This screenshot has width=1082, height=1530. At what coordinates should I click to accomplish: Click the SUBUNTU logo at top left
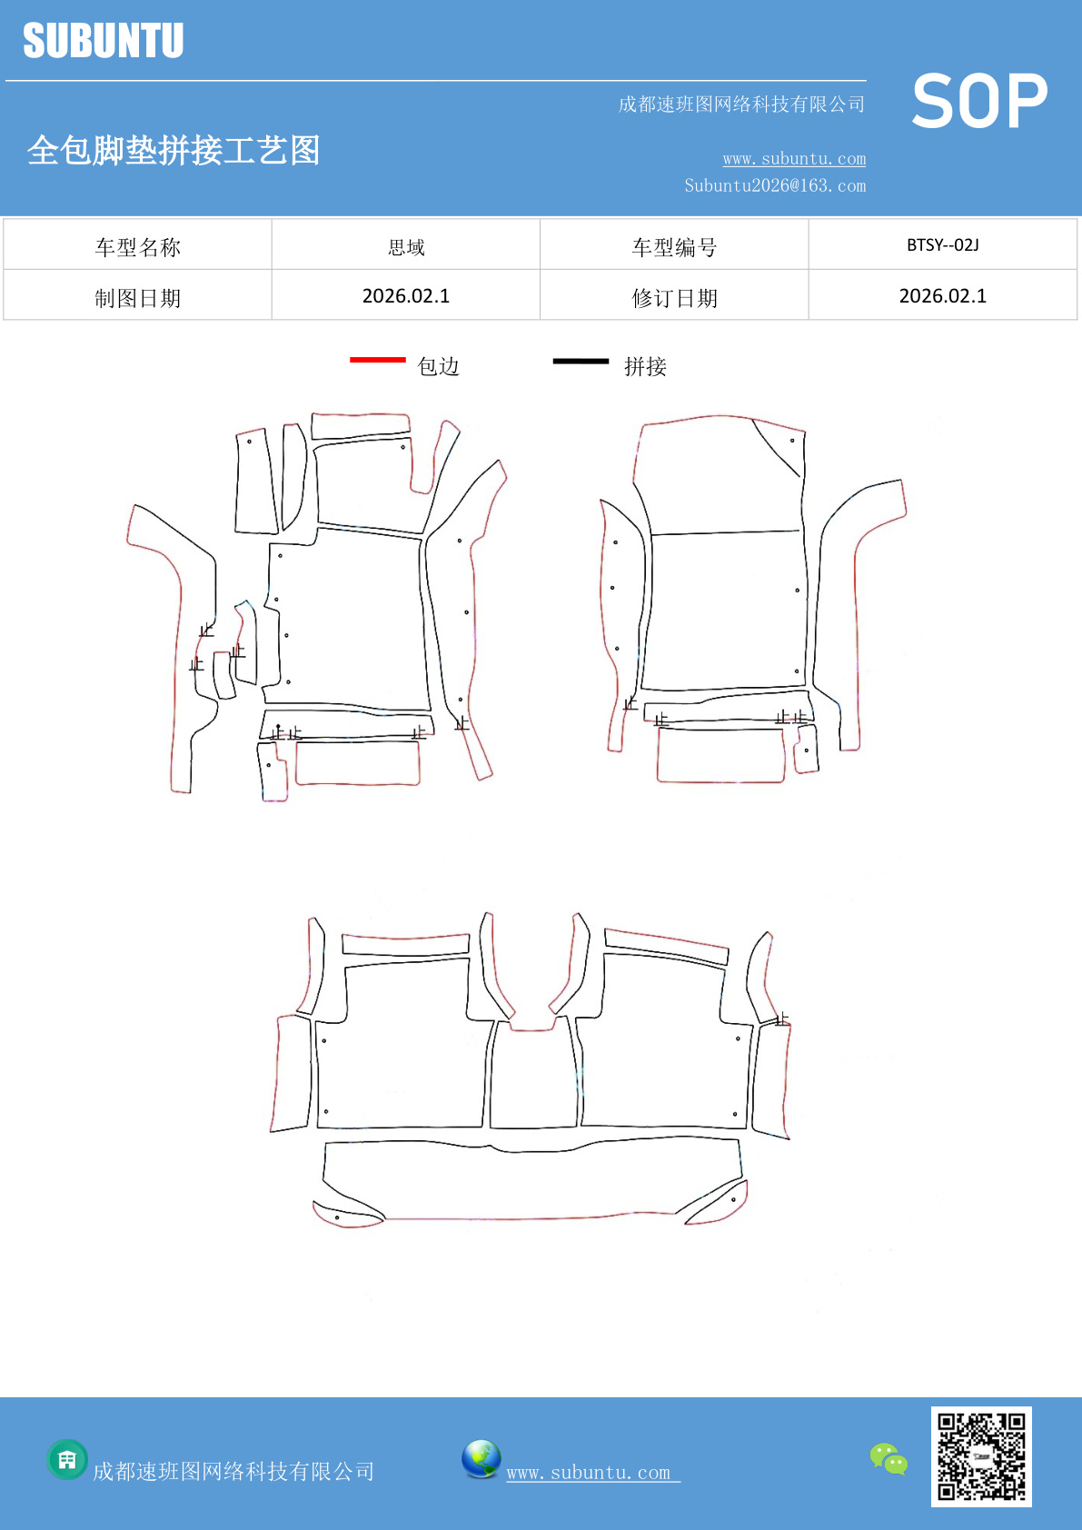pos(104,40)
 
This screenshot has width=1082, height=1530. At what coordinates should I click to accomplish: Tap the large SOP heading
pos(979,101)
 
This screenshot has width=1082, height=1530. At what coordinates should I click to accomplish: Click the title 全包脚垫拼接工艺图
pos(174,150)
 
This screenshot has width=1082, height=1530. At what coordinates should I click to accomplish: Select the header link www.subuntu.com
pos(794,158)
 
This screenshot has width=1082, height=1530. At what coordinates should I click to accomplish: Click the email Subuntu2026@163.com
pos(775,185)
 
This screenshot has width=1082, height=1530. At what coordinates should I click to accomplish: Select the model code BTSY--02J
pos(943,245)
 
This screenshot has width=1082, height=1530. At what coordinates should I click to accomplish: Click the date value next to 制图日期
pos(406,296)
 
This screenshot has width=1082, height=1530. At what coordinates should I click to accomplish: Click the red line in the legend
pos(378,359)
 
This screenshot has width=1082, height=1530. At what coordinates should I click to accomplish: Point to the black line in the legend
pos(581,361)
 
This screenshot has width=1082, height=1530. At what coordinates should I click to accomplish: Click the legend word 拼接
pos(645,367)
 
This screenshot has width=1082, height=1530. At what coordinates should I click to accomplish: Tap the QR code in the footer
pos(981,1456)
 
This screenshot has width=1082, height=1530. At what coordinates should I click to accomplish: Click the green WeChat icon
pos(888,1459)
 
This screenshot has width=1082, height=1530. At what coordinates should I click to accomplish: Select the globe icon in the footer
pos(481,1459)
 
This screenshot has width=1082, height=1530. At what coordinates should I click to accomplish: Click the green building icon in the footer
pos(67,1460)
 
